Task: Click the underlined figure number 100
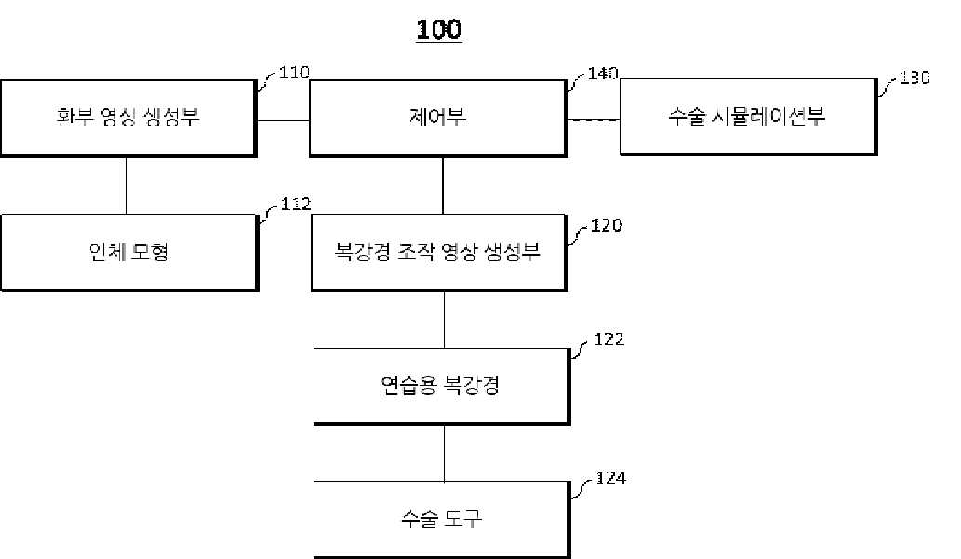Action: (439, 30)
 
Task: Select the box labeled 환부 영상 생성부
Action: (127, 117)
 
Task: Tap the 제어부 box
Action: (438, 117)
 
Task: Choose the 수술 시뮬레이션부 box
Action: (747, 117)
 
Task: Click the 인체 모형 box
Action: (127, 252)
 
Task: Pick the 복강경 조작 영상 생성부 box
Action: (438, 252)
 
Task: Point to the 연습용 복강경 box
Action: (439, 386)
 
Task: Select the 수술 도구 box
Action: (439, 519)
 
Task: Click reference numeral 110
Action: (294, 72)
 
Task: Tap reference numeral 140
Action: (603, 73)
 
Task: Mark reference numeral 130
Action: (914, 78)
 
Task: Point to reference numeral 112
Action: (294, 205)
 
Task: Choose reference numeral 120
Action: (605, 226)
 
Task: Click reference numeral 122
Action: (608, 339)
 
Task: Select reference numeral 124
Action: (610, 478)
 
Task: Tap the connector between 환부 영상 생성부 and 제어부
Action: (283, 120)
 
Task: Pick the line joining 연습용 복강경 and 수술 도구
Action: (444, 453)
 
